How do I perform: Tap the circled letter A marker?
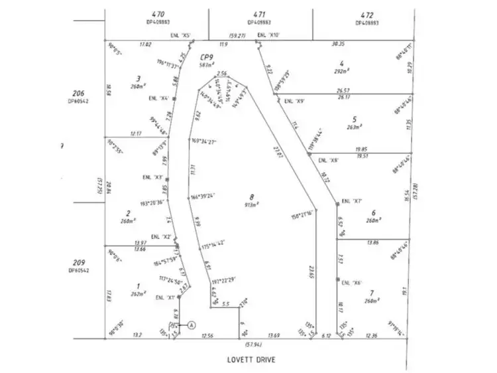click(192, 325)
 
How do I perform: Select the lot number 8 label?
click(252, 196)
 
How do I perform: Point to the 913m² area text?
click(252, 204)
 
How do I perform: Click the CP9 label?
click(206, 57)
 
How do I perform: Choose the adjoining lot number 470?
click(158, 13)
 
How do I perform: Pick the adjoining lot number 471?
click(260, 13)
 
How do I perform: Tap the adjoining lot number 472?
click(366, 13)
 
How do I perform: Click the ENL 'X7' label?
click(353, 201)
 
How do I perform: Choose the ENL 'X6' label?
click(353, 283)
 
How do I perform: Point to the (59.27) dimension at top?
click(237, 35)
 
